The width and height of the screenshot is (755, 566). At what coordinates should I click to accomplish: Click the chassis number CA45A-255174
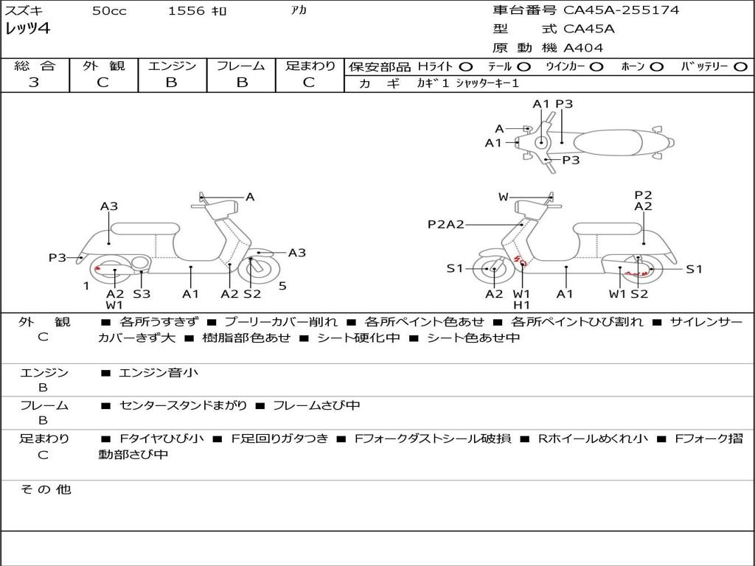pyautogui.click(x=621, y=10)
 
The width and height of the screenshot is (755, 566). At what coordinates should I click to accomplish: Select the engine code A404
pyautogui.click(x=583, y=48)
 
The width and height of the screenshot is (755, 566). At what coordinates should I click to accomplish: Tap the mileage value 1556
pyautogui.click(x=186, y=10)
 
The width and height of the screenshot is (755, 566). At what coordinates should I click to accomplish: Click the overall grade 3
pyautogui.click(x=34, y=83)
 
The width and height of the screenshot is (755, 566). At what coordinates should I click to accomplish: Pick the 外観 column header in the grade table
pyautogui.click(x=103, y=66)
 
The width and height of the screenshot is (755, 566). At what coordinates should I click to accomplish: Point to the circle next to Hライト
pyautogui.click(x=465, y=66)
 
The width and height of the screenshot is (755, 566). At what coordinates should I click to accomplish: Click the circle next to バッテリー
pyautogui.click(x=740, y=66)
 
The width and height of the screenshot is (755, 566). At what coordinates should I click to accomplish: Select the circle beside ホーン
pyautogui.click(x=655, y=66)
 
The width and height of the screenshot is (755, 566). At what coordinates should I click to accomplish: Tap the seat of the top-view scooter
pyautogui.click(x=608, y=142)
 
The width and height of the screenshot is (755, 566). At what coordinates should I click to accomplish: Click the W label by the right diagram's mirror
pyautogui.click(x=503, y=197)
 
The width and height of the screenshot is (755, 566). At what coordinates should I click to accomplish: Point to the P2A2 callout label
pyautogui.click(x=446, y=224)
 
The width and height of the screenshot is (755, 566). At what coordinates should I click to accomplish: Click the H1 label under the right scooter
pyautogui.click(x=521, y=304)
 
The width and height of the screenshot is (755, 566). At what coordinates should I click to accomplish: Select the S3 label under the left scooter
pyautogui.click(x=142, y=293)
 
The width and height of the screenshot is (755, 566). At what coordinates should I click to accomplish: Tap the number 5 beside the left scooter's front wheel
pyautogui.click(x=282, y=286)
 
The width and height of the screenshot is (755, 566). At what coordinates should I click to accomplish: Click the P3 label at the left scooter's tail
pyautogui.click(x=58, y=258)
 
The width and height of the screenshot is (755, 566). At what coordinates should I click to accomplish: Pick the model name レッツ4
pyautogui.click(x=27, y=29)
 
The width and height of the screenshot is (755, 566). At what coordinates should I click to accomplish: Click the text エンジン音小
pyautogui.click(x=159, y=372)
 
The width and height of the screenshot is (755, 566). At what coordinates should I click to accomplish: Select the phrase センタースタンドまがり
pyautogui.click(x=183, y=406)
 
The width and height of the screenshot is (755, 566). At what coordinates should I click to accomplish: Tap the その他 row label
pyautogui.click(x=46, y=489)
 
